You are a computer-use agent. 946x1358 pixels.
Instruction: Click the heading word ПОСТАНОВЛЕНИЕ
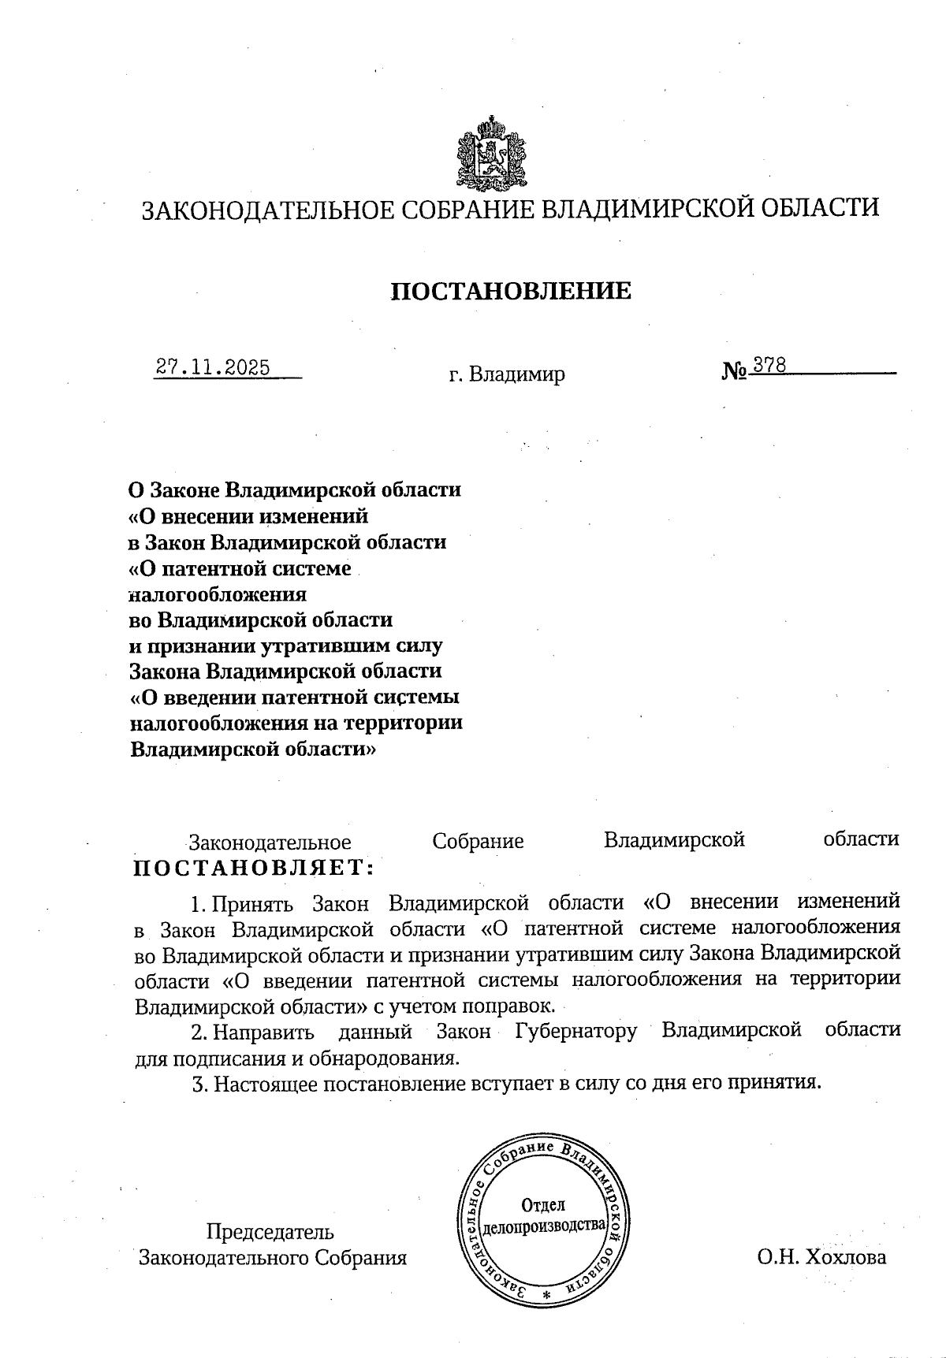[511, 291]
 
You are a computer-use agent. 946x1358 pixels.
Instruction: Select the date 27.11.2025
[213, 368]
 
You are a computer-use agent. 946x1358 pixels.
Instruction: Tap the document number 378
[769, 365]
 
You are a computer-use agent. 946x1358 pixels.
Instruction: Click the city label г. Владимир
[506, 374]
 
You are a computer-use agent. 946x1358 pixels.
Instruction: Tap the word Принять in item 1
[253, 902]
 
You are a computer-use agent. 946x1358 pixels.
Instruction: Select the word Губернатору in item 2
[575, 1031]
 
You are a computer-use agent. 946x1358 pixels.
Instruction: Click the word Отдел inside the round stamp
[543, 1204]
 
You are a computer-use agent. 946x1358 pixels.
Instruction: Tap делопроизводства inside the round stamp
[543, 1226]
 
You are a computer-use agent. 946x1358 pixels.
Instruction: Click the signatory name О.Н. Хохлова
[821, 1256]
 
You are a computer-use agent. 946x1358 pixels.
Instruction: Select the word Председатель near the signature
[270, 1231]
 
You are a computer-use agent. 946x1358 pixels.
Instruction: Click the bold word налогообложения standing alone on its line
[218, 593]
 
